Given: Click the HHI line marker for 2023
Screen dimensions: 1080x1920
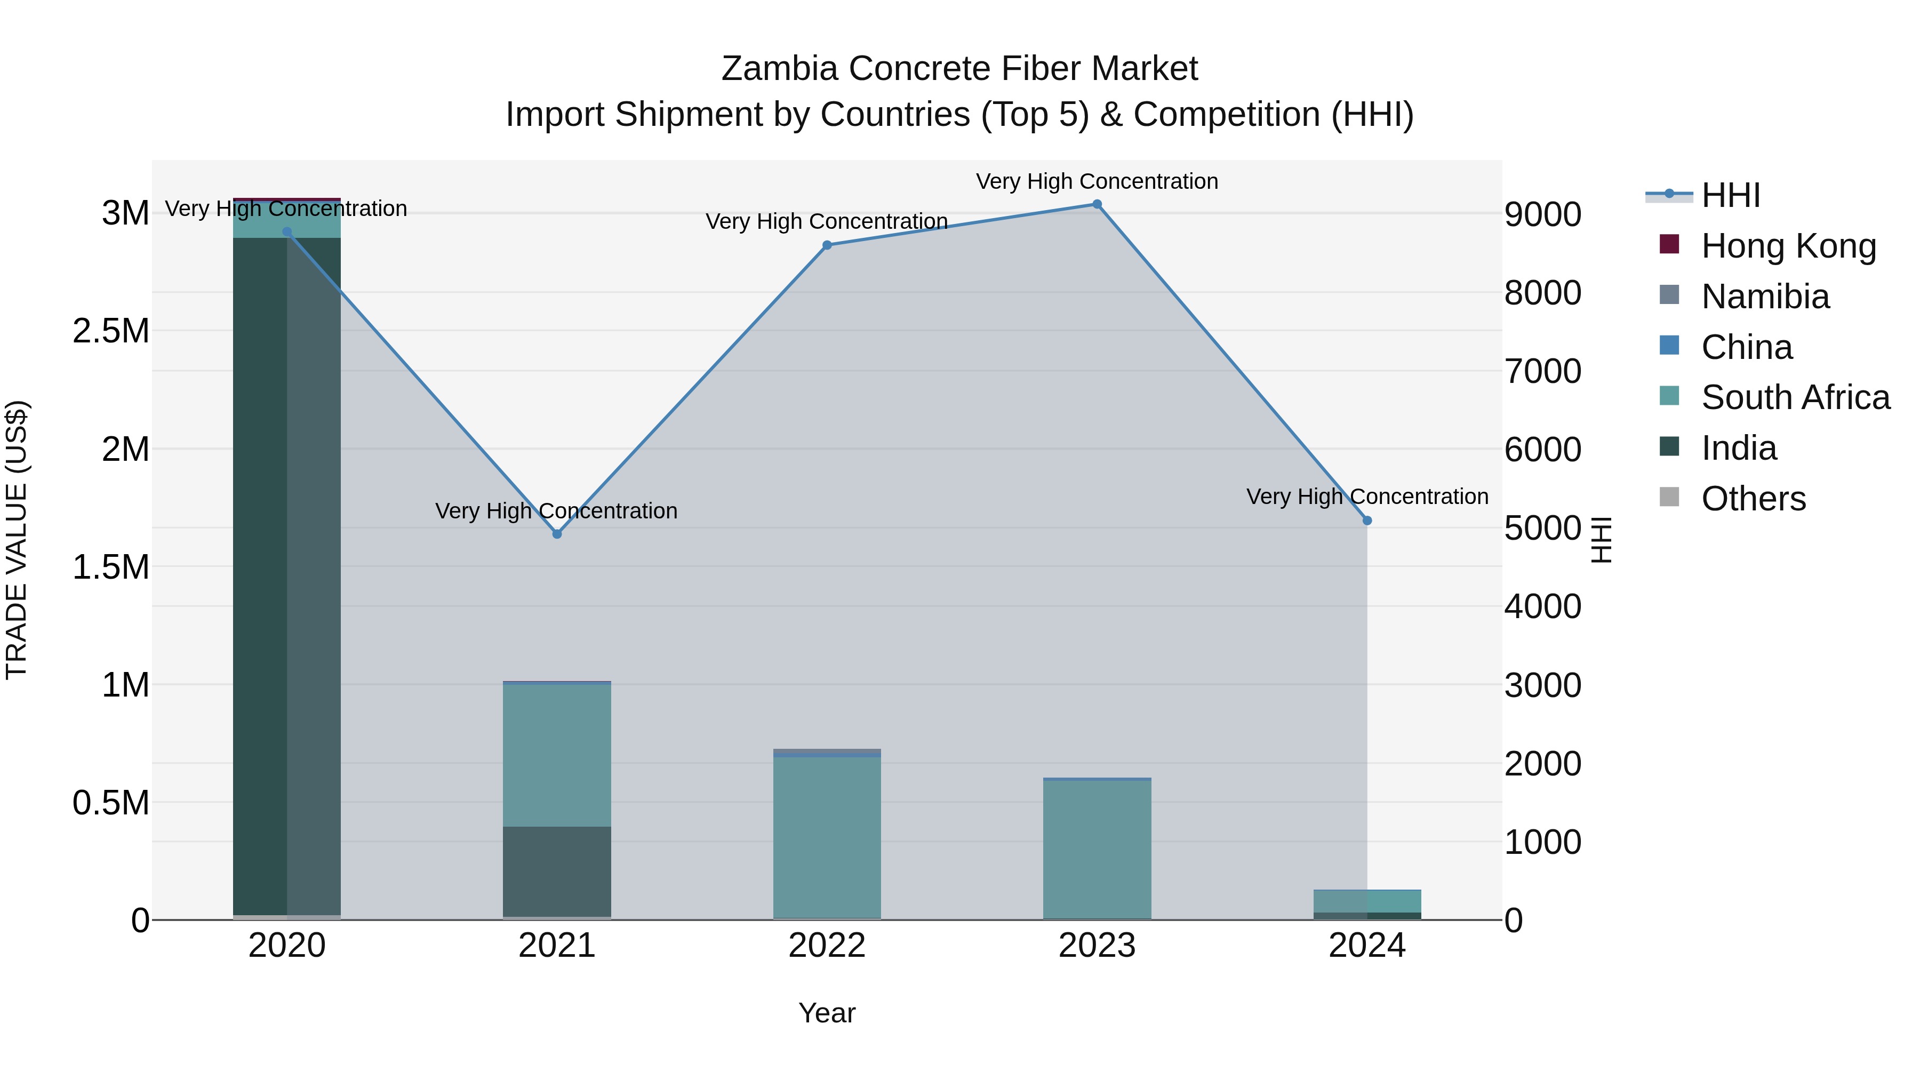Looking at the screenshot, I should click(1097, 204).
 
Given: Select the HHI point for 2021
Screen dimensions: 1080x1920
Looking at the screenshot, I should click(557, 534).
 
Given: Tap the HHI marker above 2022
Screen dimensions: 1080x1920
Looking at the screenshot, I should click(827, 245).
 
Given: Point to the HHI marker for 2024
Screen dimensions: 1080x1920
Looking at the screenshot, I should click(1367, 520).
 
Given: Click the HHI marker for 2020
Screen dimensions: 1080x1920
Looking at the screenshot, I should click(287, 232).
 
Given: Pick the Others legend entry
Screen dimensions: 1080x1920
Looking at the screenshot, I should click(1753, 499).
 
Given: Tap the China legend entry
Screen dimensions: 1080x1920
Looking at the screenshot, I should click(1746, 347).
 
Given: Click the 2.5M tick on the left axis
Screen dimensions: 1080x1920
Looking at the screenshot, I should click(111, 331).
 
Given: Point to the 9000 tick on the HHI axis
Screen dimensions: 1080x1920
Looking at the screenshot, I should click(1542, 214).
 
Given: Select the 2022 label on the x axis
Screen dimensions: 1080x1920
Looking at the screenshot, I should click(827, 946).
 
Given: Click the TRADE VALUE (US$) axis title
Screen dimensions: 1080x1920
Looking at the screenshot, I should click(17, 540).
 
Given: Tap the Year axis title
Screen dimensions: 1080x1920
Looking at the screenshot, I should click(827, 1013).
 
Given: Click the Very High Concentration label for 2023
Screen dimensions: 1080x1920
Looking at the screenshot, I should click(1097, 181).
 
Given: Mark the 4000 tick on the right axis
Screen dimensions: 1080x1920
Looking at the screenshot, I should click(1542, 607).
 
